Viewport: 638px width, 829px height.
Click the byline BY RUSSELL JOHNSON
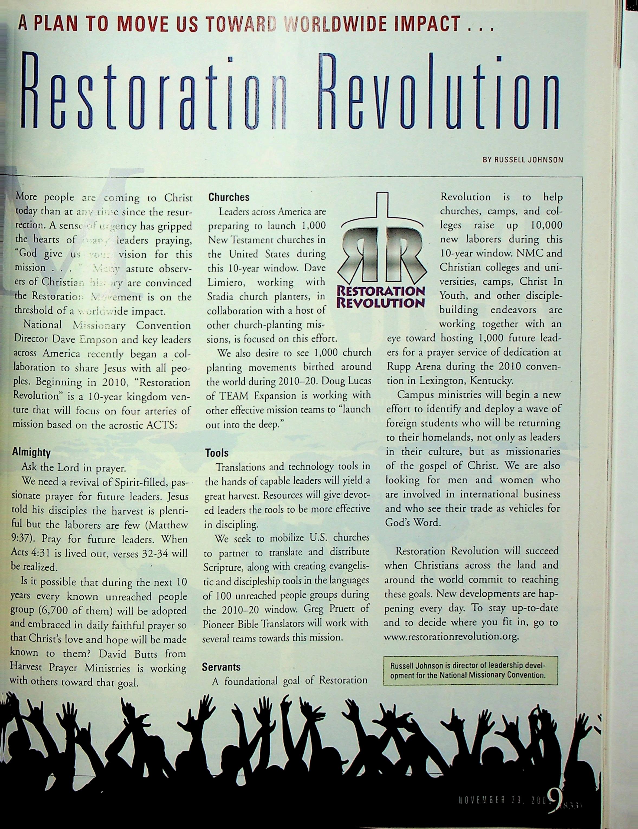[523, 160]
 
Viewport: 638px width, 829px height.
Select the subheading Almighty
[31, 453]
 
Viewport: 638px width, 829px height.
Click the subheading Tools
[217, 453]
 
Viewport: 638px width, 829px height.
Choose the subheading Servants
[221, 667]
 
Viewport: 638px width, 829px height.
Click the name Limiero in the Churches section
[224, 282]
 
